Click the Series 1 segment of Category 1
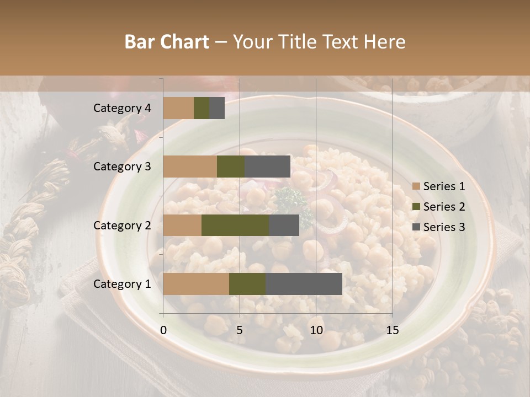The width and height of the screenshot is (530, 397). coord(196,284)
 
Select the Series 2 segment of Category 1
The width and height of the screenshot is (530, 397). coord(247,284)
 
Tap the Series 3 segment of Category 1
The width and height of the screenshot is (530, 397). coord(304,284)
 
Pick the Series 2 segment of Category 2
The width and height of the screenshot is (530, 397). coord(235,225)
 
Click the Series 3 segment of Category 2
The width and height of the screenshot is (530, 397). coord(284,225)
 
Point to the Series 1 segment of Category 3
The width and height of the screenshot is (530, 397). coord(190,167)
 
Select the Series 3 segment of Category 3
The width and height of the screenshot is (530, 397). coord(267,167)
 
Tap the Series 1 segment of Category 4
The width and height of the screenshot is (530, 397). coord(178,108)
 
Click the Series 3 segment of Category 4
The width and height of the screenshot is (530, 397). coord(217,108)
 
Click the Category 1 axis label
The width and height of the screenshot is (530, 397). coord(122,284)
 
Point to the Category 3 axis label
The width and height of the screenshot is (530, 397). coord(122,167)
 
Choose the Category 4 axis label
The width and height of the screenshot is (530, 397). coord(122,108)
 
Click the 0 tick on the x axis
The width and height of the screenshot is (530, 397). coord(163,330)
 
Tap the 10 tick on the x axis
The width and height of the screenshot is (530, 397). coord(316,330)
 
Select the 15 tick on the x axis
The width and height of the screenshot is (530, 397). coord(393,330)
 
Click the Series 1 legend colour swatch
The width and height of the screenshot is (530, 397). coord(416,186)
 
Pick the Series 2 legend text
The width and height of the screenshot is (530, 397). coord(444,207)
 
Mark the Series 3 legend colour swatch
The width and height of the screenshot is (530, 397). coord(416,227)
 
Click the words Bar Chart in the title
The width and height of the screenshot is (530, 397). coord(167,42)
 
